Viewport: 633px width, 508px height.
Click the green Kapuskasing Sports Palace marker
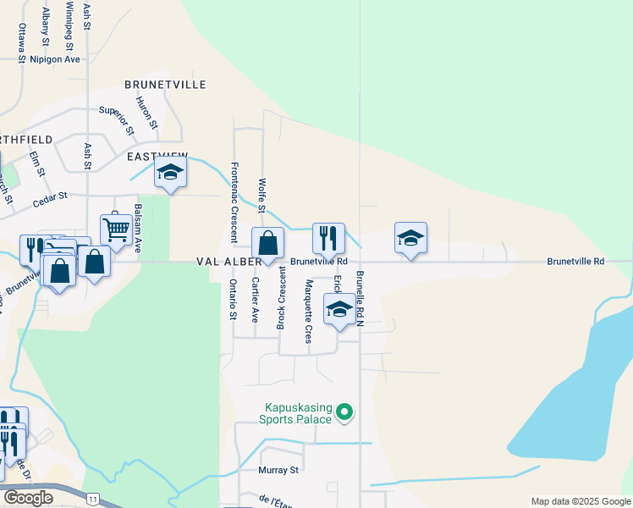(344, 412)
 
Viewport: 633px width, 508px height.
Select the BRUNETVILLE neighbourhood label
(166, 85)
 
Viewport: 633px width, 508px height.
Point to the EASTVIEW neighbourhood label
(157, 157)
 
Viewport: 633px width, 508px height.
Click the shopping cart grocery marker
(115, 228)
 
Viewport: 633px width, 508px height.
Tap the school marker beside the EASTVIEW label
(170, 172)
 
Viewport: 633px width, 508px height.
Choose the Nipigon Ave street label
(55, 59)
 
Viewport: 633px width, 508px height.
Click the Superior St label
(117, 120)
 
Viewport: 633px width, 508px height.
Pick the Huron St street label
(150, 113)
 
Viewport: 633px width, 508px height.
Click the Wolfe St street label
(262, 196)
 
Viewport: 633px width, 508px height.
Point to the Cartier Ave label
(255, 300)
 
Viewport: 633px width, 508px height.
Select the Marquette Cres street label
(309, 311)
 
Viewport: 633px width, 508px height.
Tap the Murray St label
(280, 470)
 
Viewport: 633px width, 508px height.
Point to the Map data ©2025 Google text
(581, 501)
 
